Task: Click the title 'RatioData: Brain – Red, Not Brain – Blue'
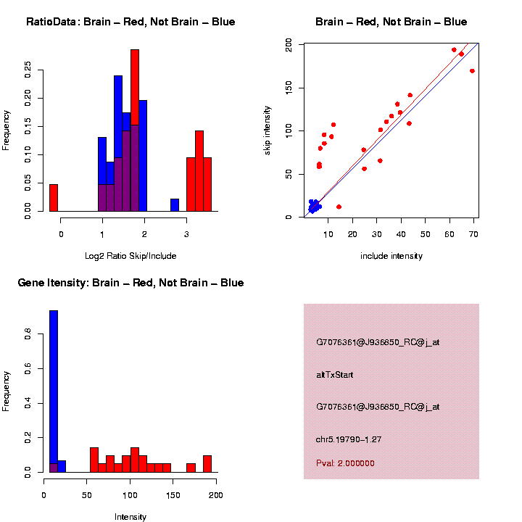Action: (x=130, y=22)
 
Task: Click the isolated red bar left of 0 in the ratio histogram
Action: (x=54, y=197)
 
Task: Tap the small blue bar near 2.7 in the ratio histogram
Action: (x=175, y=204)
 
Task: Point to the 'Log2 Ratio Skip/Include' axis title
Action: (x=130, y=256)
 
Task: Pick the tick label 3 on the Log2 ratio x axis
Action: (x=186, y=234)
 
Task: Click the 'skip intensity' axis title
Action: (x=268, y=129)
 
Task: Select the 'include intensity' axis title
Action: (x=391, y=256)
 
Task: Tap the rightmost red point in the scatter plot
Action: (x=472, y=71)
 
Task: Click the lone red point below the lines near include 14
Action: (x=339, y=207)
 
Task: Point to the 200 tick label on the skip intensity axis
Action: (x=289, y=45)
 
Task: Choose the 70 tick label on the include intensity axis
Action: (x=473, y=234)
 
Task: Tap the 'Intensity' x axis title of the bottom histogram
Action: (x=130, y=517)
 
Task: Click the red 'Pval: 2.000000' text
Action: (x=345, y=463)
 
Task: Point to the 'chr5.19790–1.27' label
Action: (x=349, y=439)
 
